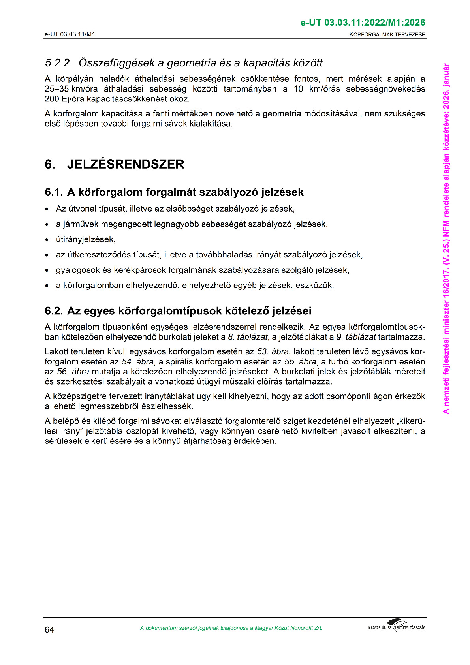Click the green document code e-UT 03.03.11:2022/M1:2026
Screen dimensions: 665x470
pos(363,23)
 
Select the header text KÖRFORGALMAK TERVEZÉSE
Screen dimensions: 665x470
pos(387,34)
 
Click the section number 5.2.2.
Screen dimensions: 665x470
pos(58,63)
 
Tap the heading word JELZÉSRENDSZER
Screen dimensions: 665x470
pos(126,164)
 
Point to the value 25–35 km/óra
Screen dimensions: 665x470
pos(71,89)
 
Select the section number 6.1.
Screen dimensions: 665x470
pos(54,192)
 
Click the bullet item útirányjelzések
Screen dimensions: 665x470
pos(86,239)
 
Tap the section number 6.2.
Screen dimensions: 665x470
pos(54,311)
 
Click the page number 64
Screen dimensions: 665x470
pos(49,629)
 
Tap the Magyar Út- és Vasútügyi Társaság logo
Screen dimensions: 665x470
pos(397,626)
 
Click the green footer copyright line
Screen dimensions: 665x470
pos(231,628)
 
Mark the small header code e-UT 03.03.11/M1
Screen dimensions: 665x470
pos(70,34)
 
